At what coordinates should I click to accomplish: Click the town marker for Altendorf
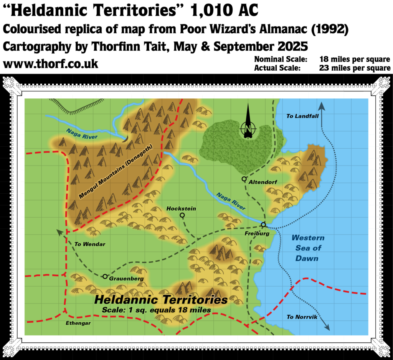point(244,179)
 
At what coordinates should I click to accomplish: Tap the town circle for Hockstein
point(182,215)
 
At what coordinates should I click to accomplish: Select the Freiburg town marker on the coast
point(263,225)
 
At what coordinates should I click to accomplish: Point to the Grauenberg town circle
point(105,276)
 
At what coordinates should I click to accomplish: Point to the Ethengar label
point(78,323)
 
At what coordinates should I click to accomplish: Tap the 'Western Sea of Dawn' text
point(307,248)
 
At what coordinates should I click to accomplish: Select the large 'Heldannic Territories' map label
point(161,299)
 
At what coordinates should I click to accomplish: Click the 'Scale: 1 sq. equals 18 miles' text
point(156,310)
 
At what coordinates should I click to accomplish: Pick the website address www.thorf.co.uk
point(51,64)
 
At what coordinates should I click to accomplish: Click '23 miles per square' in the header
point(355,68)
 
